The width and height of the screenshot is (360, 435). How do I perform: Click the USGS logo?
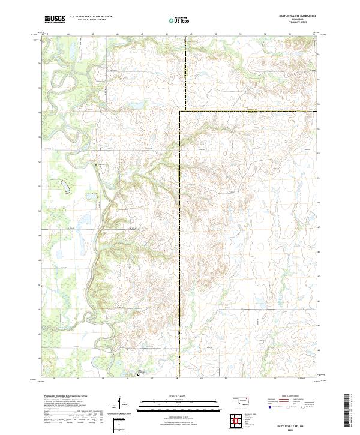click(55, 19)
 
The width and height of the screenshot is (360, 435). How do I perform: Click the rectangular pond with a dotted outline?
click(91, 195)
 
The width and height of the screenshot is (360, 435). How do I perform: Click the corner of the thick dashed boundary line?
click(181, 111)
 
